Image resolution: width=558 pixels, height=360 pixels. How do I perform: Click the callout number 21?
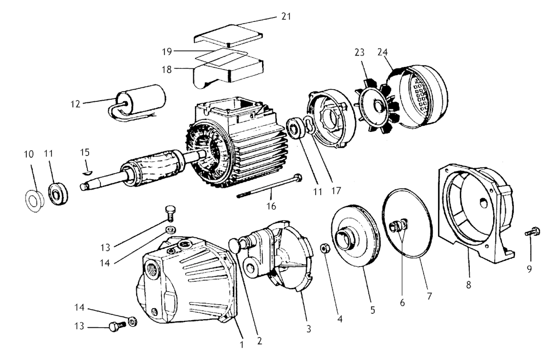click(x=286, y=16)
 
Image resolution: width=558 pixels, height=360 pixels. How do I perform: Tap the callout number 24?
click(x=383, y=52)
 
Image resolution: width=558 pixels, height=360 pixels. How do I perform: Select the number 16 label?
click(x=271, y=206)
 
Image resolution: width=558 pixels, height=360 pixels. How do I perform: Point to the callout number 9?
click(x=529, y=269)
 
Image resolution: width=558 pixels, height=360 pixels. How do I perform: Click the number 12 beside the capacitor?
click(x=75, y=104)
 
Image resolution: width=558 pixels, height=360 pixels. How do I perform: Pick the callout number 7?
click(x=429, y=296)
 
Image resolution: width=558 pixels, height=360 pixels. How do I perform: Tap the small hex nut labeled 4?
click(x=324, y=248)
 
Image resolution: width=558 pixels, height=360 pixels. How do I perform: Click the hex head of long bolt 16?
click(x=298, y=177)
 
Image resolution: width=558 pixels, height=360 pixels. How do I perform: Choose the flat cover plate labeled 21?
click(x=228, y=35)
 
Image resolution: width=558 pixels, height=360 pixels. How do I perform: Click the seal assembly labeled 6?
click(x=399, y=226)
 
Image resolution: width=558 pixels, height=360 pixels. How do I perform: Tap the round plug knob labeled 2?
click(x=235, y=245)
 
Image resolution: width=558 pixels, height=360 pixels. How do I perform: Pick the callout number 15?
click(x=84, y=152)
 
